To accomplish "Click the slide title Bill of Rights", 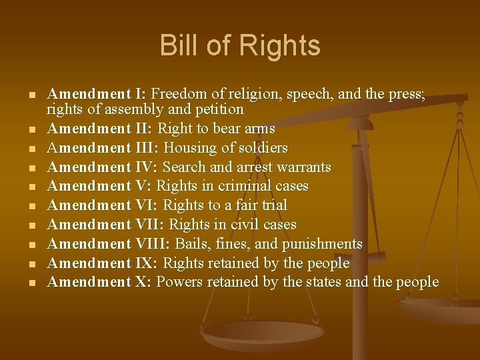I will coord(240,46).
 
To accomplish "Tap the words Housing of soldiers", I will coord(225,147).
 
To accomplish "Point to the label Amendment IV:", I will coord(103,167).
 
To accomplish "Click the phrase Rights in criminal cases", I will coord(232,186).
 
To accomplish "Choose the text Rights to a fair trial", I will coord(225,205).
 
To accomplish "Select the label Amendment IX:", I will coord(103,263).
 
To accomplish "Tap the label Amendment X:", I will coord(100,282).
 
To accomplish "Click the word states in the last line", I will coord(325,282).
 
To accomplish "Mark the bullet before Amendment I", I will coord(32,95).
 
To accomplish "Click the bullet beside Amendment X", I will coord(32,283).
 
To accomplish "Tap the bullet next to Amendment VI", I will coord(32,207).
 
